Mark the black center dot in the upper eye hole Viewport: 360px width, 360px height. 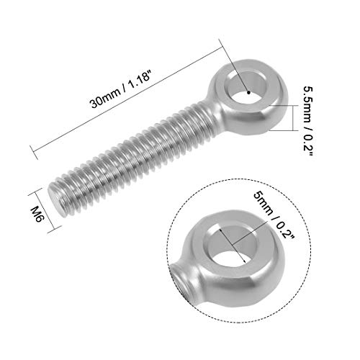(247, 92)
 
